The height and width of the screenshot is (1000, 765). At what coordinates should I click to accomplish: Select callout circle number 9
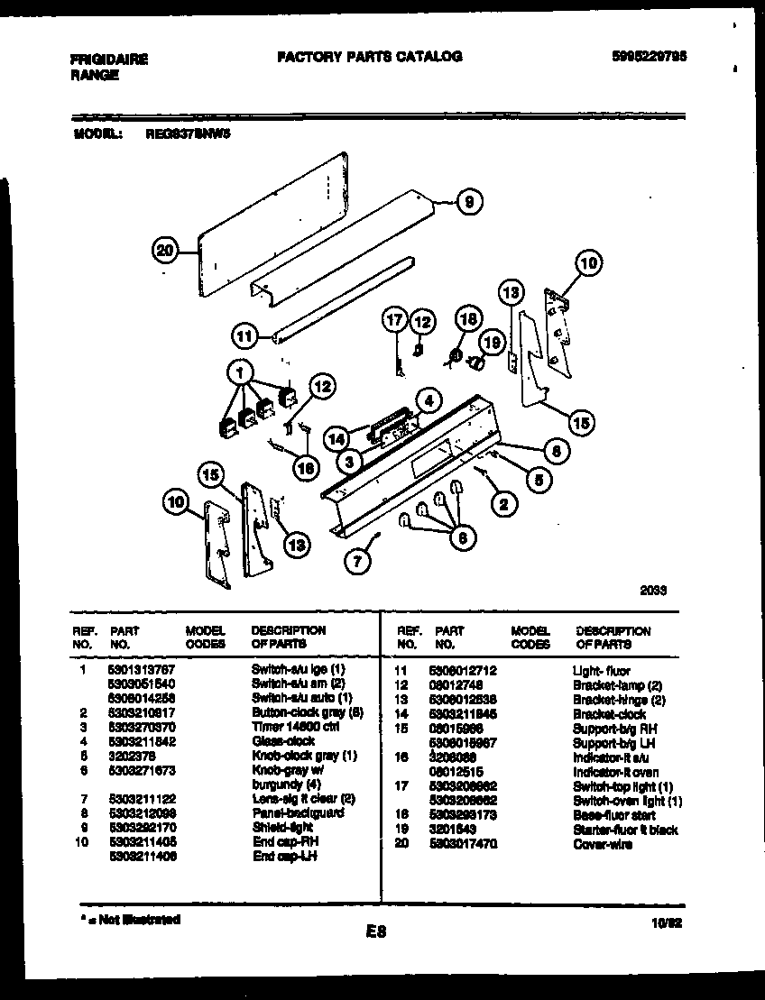pyautogui.click(x=467, y=202)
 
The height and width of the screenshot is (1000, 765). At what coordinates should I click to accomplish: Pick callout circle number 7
pyautogui.click(x=357, y=560)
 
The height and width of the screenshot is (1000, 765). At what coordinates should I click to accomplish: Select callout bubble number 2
pyautogui.click(x=502, y=504)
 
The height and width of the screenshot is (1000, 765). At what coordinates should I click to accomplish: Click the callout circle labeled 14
pyautogui.click(x=337, y=436)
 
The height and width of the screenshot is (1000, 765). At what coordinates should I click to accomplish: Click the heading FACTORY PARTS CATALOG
pyautogui.click(x=369, y=56)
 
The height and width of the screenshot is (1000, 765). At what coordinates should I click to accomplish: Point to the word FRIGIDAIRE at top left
pyautogui.click(x=109, y=60)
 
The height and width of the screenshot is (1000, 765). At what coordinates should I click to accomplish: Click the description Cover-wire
pyautogui.click(x=602, y=844)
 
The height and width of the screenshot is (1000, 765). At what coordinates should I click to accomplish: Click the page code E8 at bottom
pyautogui.click(x=376, y=932)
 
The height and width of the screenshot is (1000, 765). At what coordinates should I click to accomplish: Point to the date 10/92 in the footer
pyautogui.click(x=663, y=922)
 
